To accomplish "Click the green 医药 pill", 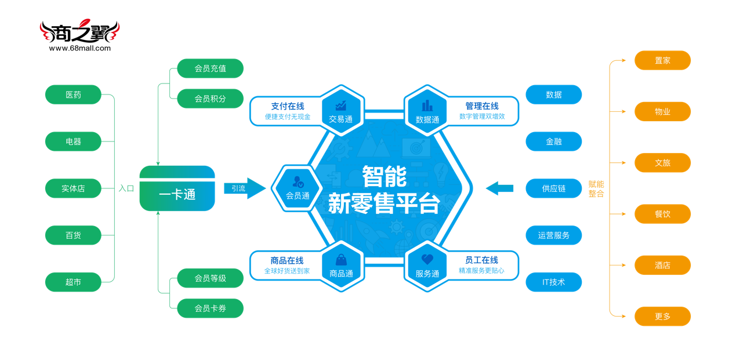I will (73, 94).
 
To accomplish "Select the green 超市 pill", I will (73, 282).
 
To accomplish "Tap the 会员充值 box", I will (210, 68).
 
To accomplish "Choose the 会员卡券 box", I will (210, 308).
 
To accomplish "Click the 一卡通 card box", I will (177, 189).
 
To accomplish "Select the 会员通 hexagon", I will (298, 188).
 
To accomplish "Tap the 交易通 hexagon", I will (340, 111).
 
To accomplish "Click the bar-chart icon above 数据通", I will (427, 106).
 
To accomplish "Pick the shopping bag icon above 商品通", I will (341, 259).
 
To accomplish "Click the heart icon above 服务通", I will (427, 259).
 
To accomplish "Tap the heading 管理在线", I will (481, 106).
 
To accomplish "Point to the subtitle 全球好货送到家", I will (287, 271).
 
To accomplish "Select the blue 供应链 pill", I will (553, 188).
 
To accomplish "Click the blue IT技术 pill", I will (553, 282).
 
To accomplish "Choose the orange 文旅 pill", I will (662, 163).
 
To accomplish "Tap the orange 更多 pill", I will (662, 317).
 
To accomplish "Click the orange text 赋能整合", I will (596, 189).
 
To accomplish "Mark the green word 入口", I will (126, 188).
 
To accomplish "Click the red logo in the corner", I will (79, 29).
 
